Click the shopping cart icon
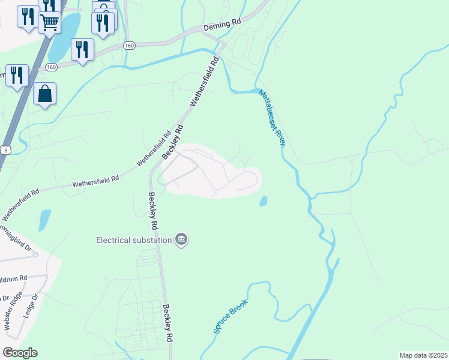tap(49, 23)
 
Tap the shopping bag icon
tap(45, 94)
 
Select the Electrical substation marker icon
tap(181, 240)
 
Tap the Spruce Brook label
tap(231, 316)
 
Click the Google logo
tap(20, 353)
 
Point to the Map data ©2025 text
tap(423, 355)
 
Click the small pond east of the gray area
tap(263, 202)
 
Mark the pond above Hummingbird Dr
tap(44, 220)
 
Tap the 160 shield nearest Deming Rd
tap(130, 46)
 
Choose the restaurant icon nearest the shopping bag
tap(16, 75)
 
